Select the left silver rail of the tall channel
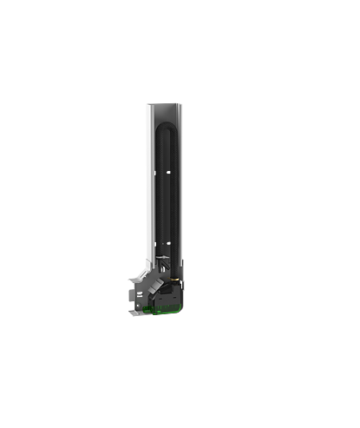coord(149,174)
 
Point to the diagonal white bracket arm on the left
coord(138,286)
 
